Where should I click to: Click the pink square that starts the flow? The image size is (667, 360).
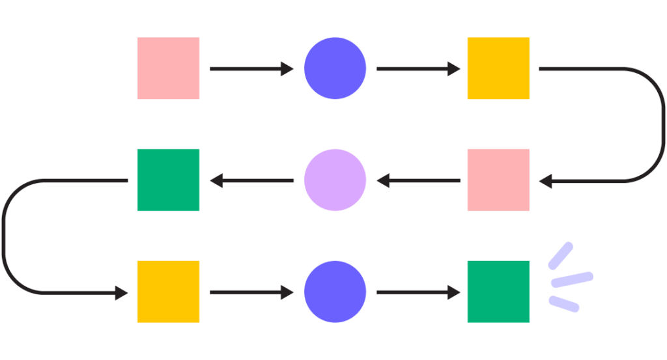click(169, 68)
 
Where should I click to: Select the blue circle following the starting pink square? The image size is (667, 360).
click(335, 68)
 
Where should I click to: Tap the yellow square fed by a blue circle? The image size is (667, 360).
click(498, 68)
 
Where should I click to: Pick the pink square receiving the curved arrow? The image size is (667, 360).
click(498, 180)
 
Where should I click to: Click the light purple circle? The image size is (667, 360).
click(335, 180)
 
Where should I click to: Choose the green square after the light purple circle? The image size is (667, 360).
click(169, 180)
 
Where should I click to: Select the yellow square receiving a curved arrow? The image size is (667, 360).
click(169, 292)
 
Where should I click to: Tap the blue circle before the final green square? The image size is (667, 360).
click(335, 292)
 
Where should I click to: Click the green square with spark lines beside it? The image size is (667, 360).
click(498, 292)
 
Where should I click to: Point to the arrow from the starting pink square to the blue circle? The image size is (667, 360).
click(251, 68)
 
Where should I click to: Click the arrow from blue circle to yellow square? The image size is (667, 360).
click(418, 68)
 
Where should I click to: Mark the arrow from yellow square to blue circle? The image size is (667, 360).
click(251, 293)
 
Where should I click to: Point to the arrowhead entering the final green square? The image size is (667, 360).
click(455, 293)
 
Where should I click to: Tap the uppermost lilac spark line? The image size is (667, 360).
click(561, 255)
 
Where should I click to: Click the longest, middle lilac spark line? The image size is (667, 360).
click(572, 279)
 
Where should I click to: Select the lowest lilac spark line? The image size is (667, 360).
click(564, 303)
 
